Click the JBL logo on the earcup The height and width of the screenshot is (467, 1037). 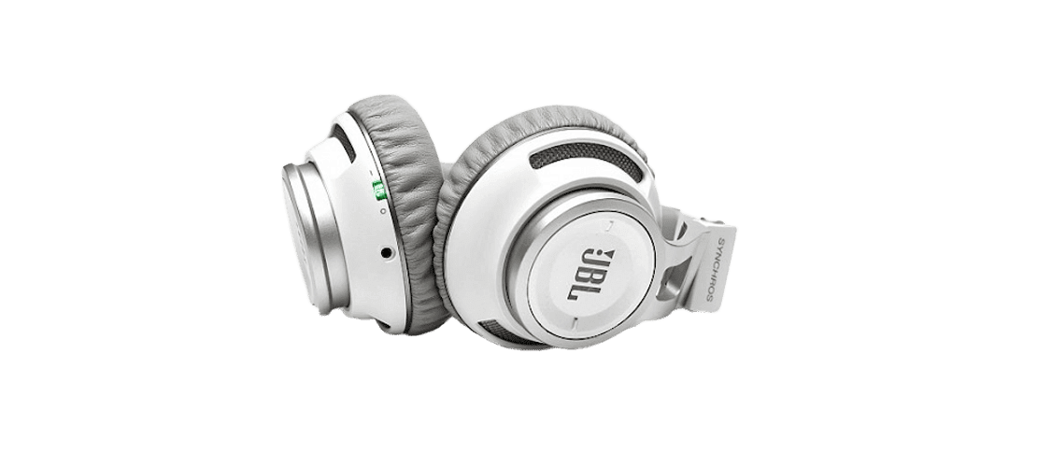coord(590,274)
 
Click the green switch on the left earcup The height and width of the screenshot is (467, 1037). coord(379,191)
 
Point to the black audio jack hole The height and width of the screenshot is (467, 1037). coord(386,253)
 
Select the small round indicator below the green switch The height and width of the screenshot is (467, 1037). coord(384,210)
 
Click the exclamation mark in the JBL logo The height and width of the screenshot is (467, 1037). coord(604,255)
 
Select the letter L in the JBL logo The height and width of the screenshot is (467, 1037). coord(575,291)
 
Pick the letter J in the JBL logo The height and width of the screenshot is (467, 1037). coord(595,262)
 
